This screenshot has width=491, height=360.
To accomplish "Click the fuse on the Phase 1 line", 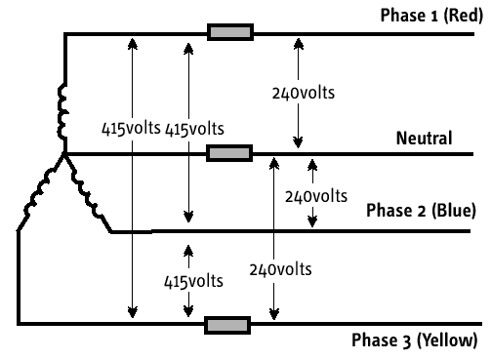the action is [230, 32].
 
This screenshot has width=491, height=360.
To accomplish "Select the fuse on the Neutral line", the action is [229, 153].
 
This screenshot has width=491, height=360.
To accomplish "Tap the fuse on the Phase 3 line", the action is [227, 325].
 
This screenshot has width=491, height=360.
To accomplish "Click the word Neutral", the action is [424, 139].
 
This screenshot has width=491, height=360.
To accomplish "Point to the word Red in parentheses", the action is [463, 16].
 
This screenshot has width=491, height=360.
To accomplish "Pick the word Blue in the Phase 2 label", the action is [454, 211].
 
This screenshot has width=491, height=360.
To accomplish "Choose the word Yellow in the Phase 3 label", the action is [447, 340].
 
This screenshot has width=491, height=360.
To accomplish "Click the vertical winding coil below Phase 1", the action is [62, 111].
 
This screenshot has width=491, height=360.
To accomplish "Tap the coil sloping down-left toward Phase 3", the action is [40, 192].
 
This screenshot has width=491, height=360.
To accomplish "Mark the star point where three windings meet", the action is [64, 153].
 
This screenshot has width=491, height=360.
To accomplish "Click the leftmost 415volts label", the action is [131, 129].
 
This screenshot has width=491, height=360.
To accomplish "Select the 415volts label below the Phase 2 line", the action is [193, 282].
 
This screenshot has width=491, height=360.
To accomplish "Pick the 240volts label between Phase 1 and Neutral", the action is [304, 94].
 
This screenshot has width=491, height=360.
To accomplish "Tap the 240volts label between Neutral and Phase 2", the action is [316, 197].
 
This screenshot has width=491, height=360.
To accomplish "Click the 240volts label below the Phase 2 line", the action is [280, 270].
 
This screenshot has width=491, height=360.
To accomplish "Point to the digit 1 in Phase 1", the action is [434, 17].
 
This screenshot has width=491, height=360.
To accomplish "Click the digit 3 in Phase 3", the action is [407, 341].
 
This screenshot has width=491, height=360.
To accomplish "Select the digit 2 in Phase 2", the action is [422, 212].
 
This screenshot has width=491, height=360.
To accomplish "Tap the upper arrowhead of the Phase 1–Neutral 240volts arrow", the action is [299, 44].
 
